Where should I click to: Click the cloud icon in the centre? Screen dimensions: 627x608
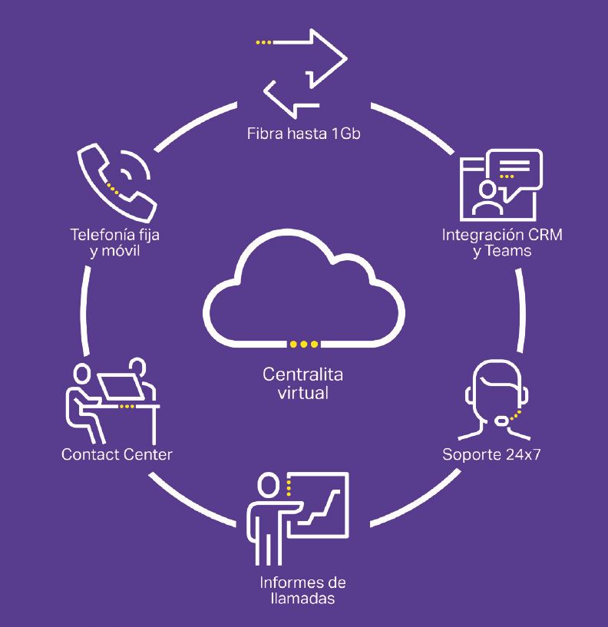[303, 295]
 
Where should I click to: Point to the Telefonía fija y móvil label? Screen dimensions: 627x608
[116, 242]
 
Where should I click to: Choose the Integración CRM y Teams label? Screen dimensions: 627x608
[502, 242]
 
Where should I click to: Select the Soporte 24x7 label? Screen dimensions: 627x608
[491, 454]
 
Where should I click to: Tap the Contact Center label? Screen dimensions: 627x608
[117, 454]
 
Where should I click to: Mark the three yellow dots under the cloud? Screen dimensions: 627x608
[303, 343]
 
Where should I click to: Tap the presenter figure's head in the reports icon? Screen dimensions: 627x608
[268, 485]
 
